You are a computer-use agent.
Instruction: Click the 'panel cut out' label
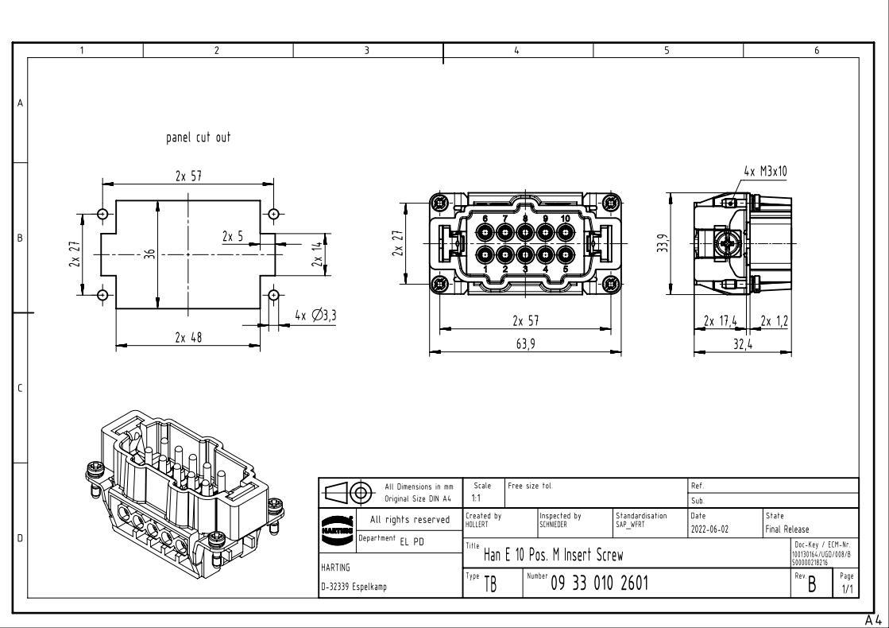tap(197, 138)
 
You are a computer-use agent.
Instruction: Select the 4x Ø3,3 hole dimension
tap(315, 316)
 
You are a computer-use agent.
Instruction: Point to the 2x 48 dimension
tap(188, 337)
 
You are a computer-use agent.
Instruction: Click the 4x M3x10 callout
tap(766, 172)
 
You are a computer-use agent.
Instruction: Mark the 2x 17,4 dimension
tap(721, 320)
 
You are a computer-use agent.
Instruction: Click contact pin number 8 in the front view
tap(525, 233)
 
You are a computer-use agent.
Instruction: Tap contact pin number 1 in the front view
tap(485, 255)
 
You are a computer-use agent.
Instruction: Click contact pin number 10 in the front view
tap(565, 233)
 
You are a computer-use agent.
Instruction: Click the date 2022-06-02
tap(709, 529)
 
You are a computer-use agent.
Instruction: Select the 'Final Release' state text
tap(787, 529)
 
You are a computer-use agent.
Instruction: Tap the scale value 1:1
tap(476, 498)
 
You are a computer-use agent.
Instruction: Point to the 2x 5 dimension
tap(233, 236)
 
